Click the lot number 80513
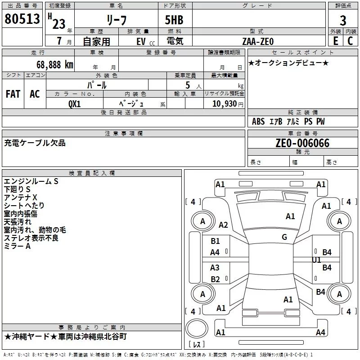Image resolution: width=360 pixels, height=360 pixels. pyautogui.click(x=22, y=19)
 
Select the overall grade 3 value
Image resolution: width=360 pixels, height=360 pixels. pyautogui.click(x=343, y=21)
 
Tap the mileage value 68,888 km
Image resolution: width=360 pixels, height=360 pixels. pyautogui.click(x=54, y=65)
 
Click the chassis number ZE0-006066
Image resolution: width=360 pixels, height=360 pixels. pyautogui.click(x=302, y=143)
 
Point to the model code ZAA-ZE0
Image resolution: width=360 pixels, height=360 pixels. pyautogui.click(x=258, y=41)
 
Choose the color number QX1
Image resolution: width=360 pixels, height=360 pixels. pyautogui.click(x=75, y=104)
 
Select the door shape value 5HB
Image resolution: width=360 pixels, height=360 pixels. pyautogui.click(x=174, y=20)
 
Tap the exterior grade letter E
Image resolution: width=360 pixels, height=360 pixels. pyautogui.click(x=336, y=41)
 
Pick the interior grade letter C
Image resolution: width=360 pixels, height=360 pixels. pyautogui.click(x=350, y=41)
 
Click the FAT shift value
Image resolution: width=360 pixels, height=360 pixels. pyautogui.click(x=13, y=94)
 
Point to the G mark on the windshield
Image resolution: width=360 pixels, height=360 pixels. pyautogui.click(x=284, y=237)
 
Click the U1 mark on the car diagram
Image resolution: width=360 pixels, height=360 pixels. pyautogui.click(x=316, y=260)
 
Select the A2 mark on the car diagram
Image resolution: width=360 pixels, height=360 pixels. pyautogui.click(x=223, y=225)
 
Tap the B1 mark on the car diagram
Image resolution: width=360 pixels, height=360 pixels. pyautogui.click(x=215, y=241)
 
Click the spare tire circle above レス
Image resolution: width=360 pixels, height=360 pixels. pyautogui.click(x=197, y=328)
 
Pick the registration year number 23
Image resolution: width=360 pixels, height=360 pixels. pyautogui.click(x=59, y=24)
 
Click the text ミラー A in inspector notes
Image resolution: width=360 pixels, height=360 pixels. pyautogui.click(x=17, y=246)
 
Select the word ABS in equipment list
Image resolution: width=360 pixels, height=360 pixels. pyautogui.click(x=258, y=121)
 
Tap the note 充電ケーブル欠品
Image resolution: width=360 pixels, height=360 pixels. pyautogui.click(x=35, y=143)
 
